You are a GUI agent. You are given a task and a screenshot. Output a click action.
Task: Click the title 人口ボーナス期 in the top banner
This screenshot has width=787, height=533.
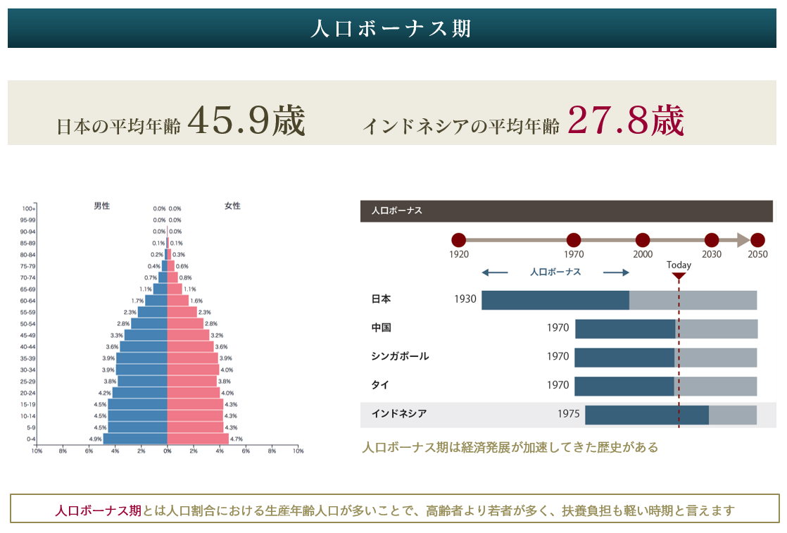(391, 29)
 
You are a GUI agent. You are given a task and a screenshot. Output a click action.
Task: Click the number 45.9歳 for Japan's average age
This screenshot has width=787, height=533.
(246, 121)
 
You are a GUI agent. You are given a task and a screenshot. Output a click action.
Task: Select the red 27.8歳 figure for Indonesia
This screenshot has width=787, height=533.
(625, 121)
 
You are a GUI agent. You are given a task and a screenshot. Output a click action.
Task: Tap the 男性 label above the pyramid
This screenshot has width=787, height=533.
(102, 206)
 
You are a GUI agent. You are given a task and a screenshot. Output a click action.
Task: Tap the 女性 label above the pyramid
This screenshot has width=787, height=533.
(232, 206)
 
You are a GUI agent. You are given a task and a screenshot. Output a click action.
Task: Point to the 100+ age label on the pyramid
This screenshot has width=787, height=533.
(28, 209)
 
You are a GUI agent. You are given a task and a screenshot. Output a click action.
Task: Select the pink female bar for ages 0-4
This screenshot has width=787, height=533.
(198, 439)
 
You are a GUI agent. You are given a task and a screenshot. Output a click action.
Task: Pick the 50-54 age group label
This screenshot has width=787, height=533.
(28, 323)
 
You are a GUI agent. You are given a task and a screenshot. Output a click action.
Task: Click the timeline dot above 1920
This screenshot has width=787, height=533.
(459, 240)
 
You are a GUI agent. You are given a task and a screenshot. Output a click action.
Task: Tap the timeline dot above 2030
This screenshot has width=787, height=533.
(712, 240)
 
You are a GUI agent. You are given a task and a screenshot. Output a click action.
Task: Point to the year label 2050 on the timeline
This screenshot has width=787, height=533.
(757, 254)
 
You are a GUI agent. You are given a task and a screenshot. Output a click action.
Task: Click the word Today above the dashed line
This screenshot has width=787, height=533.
(679, 265)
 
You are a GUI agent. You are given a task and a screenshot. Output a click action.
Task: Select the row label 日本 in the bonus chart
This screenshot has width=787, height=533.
(381, 299)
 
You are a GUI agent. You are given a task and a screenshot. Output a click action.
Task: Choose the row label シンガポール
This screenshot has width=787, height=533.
(400, 356)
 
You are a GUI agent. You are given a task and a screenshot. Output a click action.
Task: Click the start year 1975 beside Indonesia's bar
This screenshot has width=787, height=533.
(568, 414)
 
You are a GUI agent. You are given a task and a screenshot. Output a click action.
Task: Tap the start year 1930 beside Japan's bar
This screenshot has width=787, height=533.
(465, 299)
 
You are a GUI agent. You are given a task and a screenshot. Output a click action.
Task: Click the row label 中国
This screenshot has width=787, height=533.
(381, 328)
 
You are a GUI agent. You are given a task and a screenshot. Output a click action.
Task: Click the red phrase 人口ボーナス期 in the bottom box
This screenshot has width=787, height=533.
(98, 510)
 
